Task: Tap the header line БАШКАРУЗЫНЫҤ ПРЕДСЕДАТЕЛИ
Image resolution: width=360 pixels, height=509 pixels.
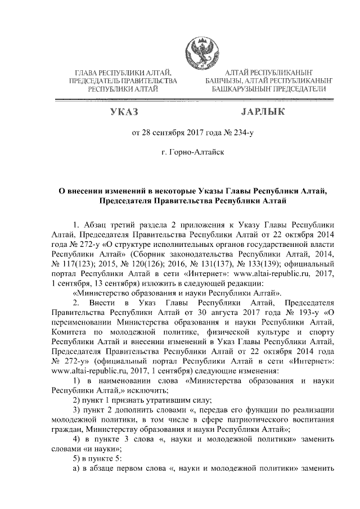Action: pos(267,89)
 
